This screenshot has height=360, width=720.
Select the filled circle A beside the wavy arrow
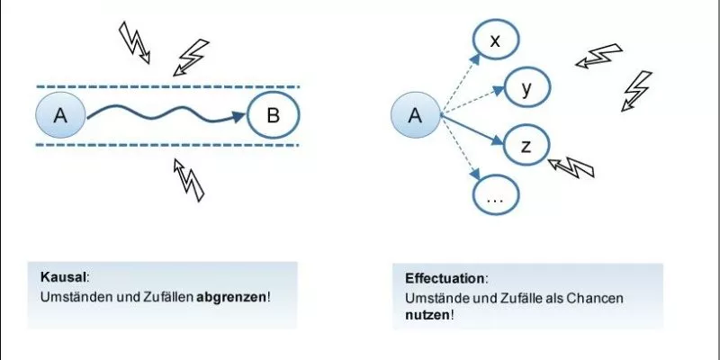click(x=60, y=115)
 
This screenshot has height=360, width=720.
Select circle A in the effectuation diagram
click(x=415, y=115)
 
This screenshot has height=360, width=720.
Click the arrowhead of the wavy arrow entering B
click(x=239, y=117)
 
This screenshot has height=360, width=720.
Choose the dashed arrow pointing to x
click(x=460, y=84)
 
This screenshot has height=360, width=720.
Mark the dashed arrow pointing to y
click(x=472, y=101)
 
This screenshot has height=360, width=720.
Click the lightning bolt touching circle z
click(x=571, y=166)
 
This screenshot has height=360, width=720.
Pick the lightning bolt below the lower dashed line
click(x=188, y=179)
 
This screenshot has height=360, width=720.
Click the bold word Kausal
click(x=63, y=277)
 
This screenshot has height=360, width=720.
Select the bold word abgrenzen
click(x=231, y=298)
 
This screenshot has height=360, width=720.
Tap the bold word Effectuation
click(x=445, y=279)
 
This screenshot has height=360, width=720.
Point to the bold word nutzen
click(x=427, y=316)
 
